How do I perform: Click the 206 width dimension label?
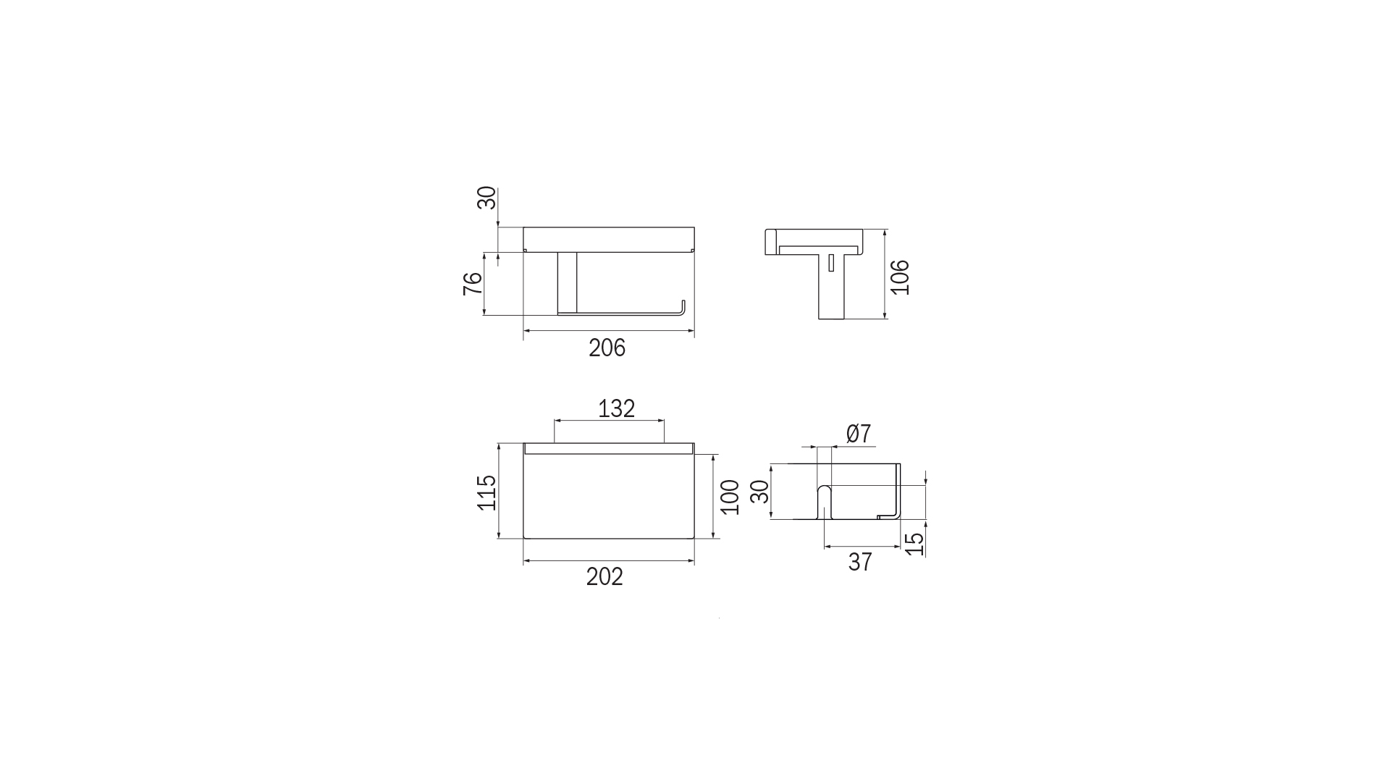click(x=607, y=348)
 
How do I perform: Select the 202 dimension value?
click(x=605, y=577)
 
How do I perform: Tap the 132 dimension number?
click(x=616, y=409)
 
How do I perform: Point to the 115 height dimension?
click(x=487, y=492)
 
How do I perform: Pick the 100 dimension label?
click(x=730, y=497)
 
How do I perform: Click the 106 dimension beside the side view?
click(x=899, y=277)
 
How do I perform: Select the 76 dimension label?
click(x=473, y=283)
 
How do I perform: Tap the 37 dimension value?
click(x=860, y=562)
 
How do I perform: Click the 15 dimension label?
click(x=915, y=544)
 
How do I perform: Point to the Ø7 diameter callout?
click(x=859, y=434)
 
